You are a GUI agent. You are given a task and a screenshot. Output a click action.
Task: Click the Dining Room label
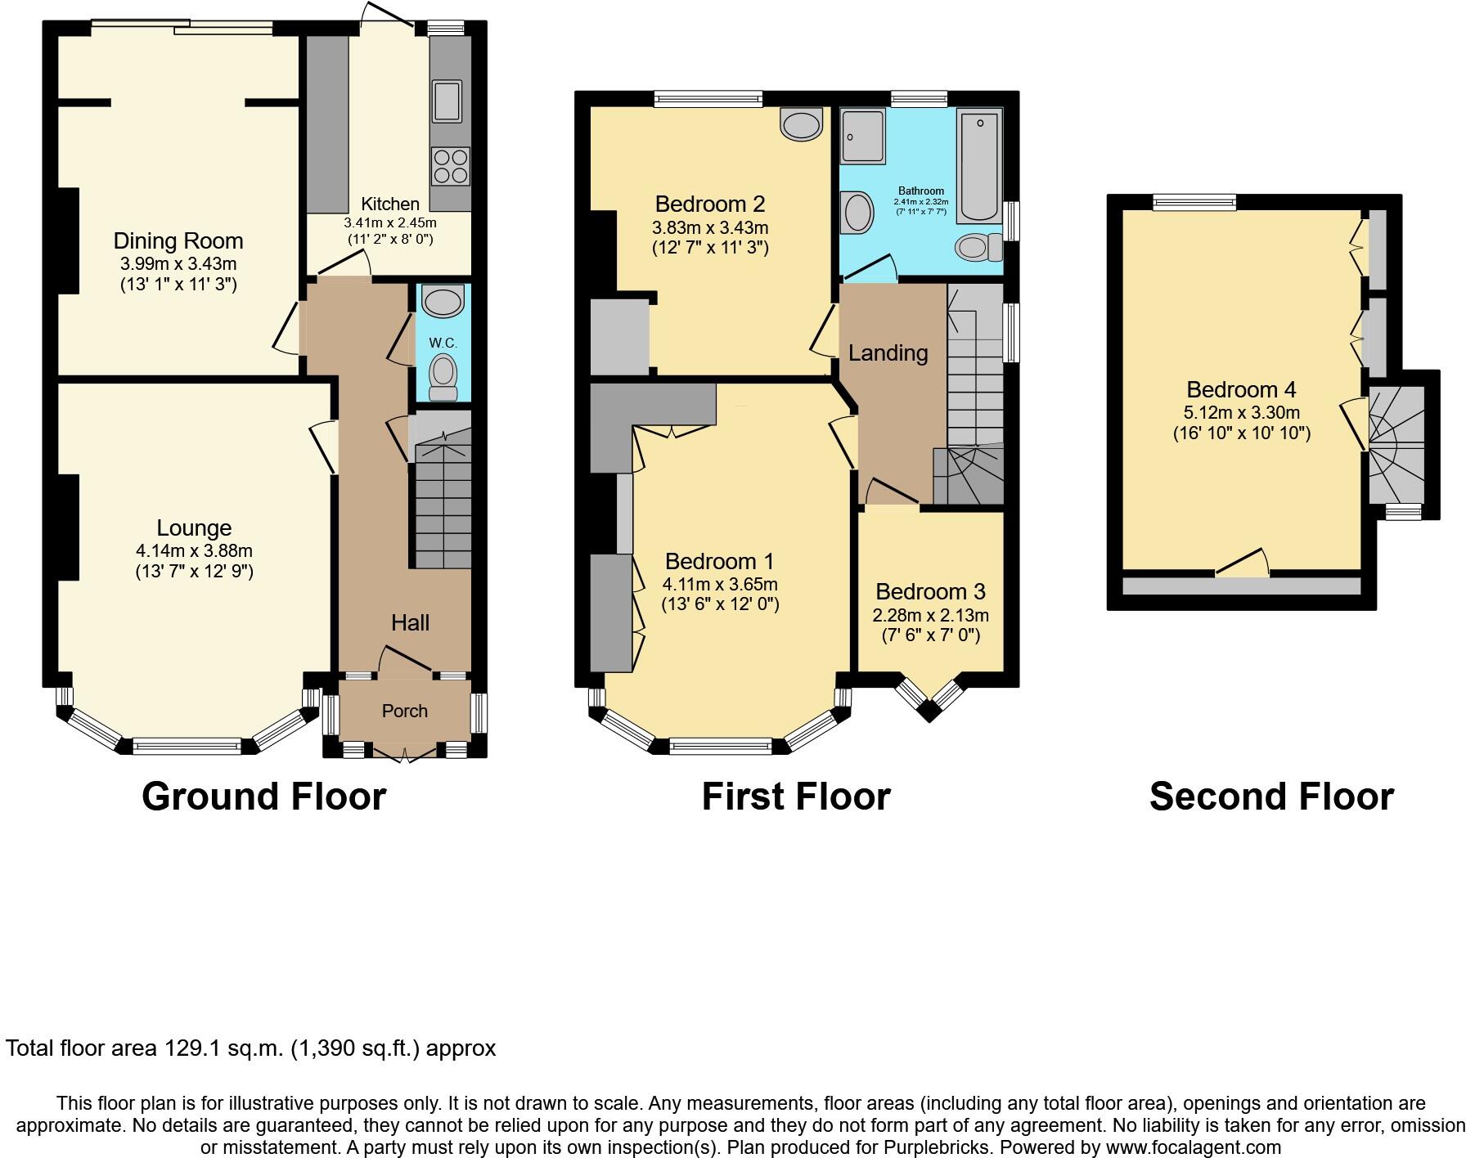tap(178, 240)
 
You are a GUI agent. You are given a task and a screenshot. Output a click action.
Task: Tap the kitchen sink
tap(447, 101)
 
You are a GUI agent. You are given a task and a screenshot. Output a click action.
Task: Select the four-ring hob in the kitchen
tap(450, 166)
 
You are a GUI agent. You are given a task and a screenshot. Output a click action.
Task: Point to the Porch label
tap(404, 711)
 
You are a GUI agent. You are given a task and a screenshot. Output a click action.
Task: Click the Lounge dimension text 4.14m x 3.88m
tap(194, 551)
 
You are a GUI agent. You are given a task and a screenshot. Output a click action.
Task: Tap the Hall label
tap(410, 622)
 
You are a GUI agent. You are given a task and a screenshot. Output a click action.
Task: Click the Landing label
tap(888, 353)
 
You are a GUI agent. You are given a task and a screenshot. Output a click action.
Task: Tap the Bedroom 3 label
tap(930, 591)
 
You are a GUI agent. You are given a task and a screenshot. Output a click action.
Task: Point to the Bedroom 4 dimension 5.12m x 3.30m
tap(1241, 413)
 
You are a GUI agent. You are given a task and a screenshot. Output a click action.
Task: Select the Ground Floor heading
tap(263, 797)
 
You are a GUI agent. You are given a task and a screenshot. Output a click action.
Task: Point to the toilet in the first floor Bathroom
tap(978, 246)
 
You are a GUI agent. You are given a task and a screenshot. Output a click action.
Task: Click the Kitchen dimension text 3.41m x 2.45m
tap(390, 222)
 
